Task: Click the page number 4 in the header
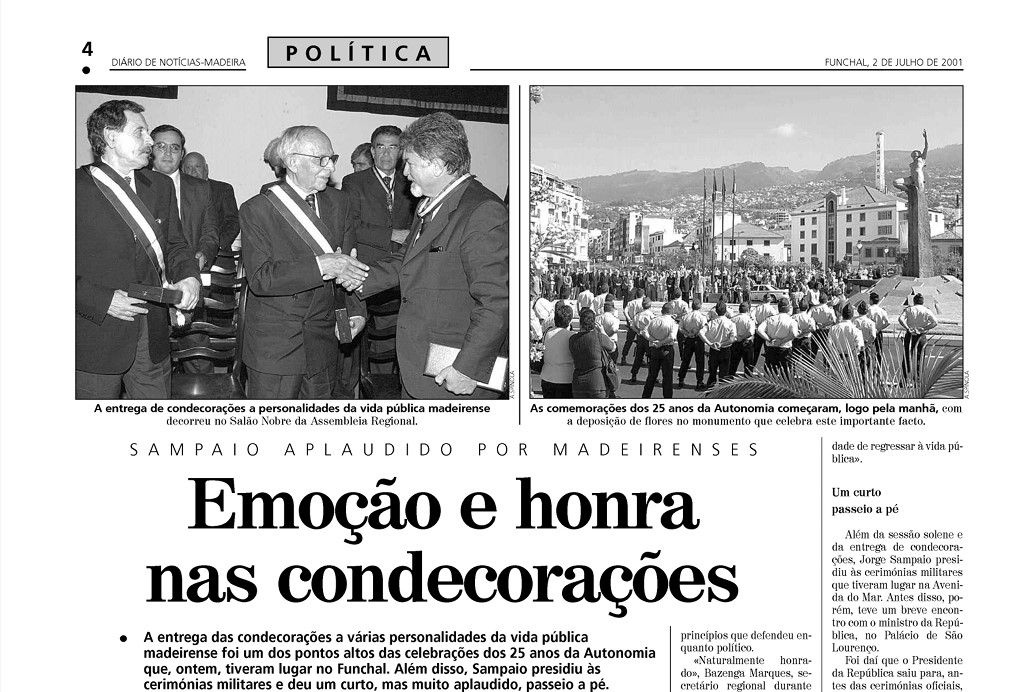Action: [87, 49]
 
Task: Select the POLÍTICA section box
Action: [358, 53]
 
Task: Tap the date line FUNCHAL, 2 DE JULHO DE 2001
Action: [893, 62]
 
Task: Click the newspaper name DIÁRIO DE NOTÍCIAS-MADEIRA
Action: [178, 62]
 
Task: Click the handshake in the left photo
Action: [343, 268]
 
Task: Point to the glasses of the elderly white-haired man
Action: [318, 159]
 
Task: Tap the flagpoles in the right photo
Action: [718, 215]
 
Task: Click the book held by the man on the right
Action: [463, 367]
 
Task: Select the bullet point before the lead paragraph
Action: [124, 637]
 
